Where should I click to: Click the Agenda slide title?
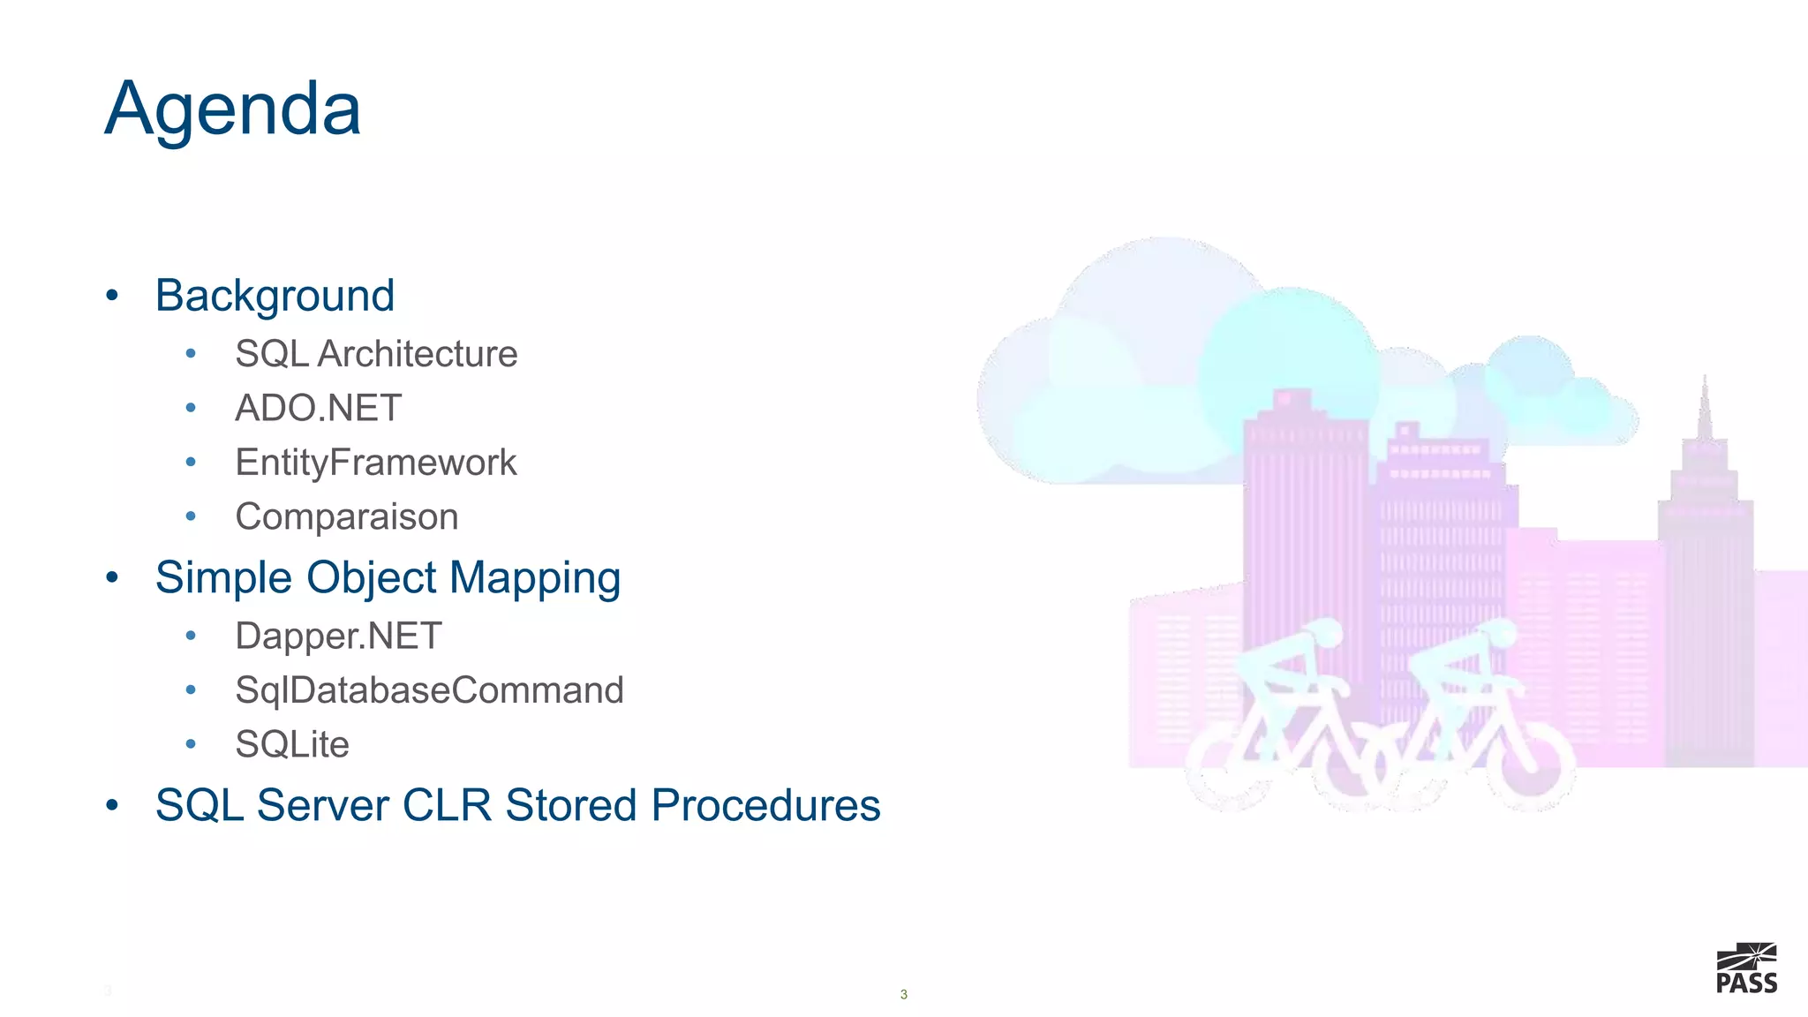(233, 109)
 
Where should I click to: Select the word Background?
(275, 296)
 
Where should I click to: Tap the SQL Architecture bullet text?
(376, 354)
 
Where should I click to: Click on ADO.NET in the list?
(318, 408)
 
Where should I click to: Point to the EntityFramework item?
(375, 463)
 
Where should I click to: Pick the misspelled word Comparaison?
(346, 516)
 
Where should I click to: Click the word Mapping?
(535, 578)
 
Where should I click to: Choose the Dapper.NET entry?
(338, 636)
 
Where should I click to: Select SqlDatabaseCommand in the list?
(429, 690)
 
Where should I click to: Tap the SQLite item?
(292, 744)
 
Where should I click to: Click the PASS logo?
(1746, 969)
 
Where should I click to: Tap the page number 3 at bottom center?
(903, 994)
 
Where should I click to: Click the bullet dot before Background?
(111, 296)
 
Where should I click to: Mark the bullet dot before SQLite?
(191, 744)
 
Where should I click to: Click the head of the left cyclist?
(1325, 632)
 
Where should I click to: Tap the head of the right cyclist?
(1499, 632)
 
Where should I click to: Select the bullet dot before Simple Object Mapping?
(111, 578)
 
